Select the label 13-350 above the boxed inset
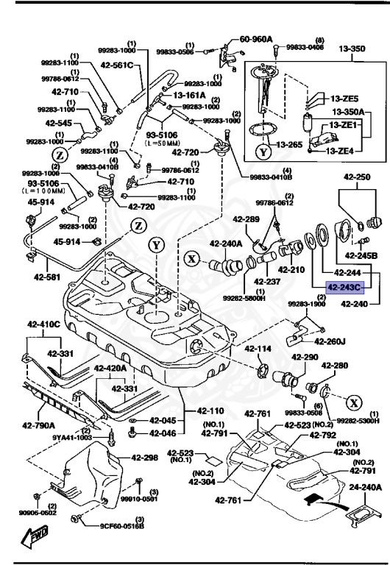pyautogui.click(x=351, y=49)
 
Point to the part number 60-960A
pyautogui.click(x=255, y=39)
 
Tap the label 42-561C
pyautogui.click(x=118, y=65)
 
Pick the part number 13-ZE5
pyautogui.click(x=344, y=98)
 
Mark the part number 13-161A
pyautogui.click(x=190, y=95)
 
